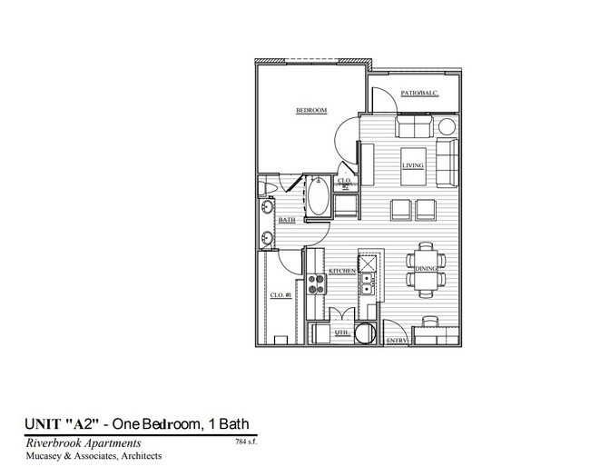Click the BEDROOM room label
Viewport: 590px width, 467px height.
(310, 111)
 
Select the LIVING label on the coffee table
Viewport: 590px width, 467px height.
(415, 165)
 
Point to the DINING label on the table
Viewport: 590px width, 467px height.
(427, 270)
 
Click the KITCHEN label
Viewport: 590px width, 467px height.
(340, 272)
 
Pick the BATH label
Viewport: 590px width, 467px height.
(287, 220)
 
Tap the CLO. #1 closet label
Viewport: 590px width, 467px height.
(280, 294)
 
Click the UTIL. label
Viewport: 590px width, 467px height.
(342, 333)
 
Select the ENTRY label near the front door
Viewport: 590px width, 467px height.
(397, 341)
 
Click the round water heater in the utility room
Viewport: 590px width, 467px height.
(366, 333)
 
